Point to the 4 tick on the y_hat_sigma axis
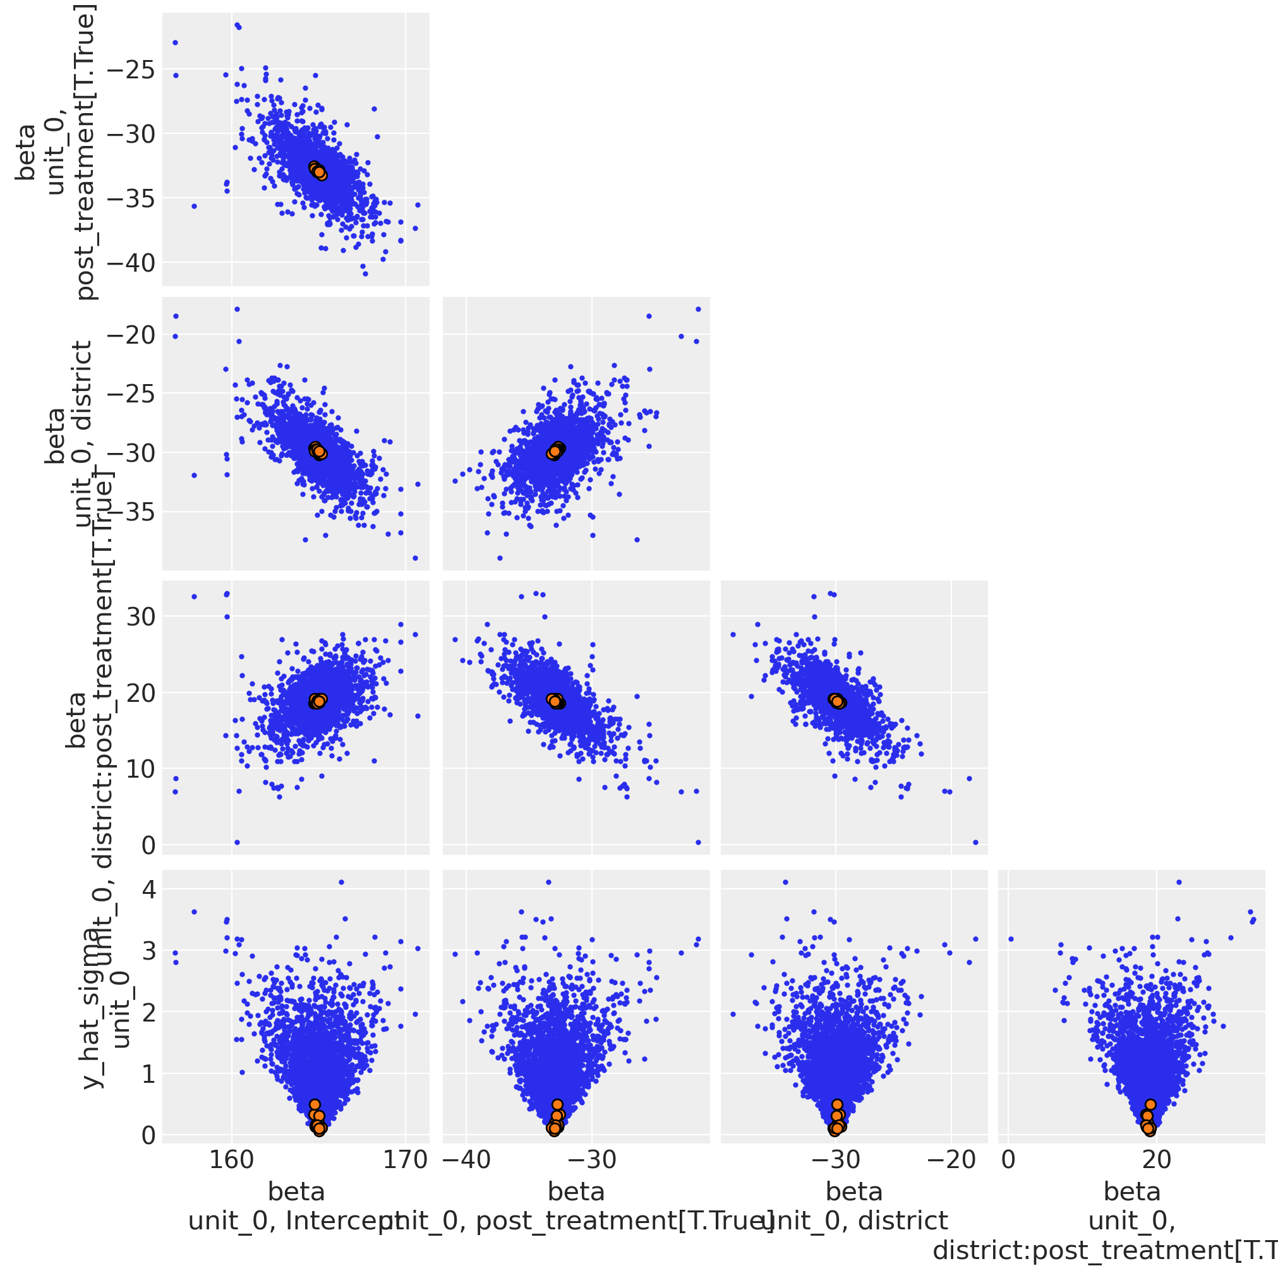(x=149, y=889)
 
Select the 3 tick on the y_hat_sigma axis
(x=149, y=951)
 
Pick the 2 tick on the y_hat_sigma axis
(x=149, y=1011)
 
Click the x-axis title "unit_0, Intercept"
(x=296, y=1221)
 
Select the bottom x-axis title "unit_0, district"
(x=855, y=1221)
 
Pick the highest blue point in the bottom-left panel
(x=341, y=882)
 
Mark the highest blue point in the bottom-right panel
(x=1179, y=882)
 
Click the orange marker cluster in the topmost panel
(x=318, y=170)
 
